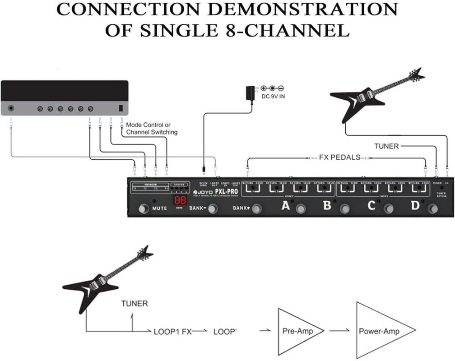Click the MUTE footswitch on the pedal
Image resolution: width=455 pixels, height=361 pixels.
pyautogui.click(x=144, y=208)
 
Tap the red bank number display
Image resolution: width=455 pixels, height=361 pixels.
pyautogui.click(x=181, y=202)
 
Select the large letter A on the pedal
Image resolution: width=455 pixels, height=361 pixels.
pyautogui.click(x=285, y=206)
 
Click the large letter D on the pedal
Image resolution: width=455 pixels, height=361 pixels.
pyautogui.click(x=415, y=206)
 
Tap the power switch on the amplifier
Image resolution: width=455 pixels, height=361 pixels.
pyautogui.click(x=121, y=108)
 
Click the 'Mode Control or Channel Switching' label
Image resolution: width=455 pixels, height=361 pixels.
pyautogui.click(x=152, y=128)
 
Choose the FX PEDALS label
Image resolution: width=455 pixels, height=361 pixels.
pyautogui.click(x=340, y=157)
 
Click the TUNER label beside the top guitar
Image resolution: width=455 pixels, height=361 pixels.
pyautogui.click(x=386, y=146)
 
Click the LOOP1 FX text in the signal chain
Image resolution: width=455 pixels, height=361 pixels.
pyautogui.click(x=173, y=332)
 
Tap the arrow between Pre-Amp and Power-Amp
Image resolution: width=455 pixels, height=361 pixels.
pyautogui.click(x=339, y=331)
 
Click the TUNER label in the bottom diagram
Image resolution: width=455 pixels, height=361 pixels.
pyautogui.click(x=134, y=303)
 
